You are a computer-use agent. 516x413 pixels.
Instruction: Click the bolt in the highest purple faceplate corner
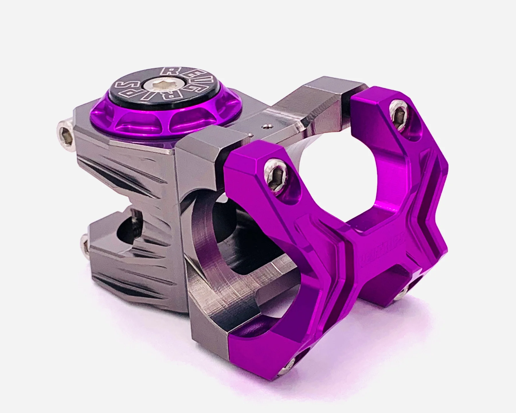[398, 116]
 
